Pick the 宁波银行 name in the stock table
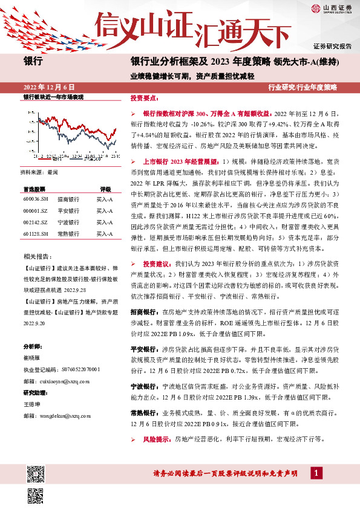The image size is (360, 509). point(68,222)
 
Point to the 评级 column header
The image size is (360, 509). point(105,189)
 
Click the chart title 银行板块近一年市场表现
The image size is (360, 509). point(53,98)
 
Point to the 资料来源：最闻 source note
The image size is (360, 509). point(41,172)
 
